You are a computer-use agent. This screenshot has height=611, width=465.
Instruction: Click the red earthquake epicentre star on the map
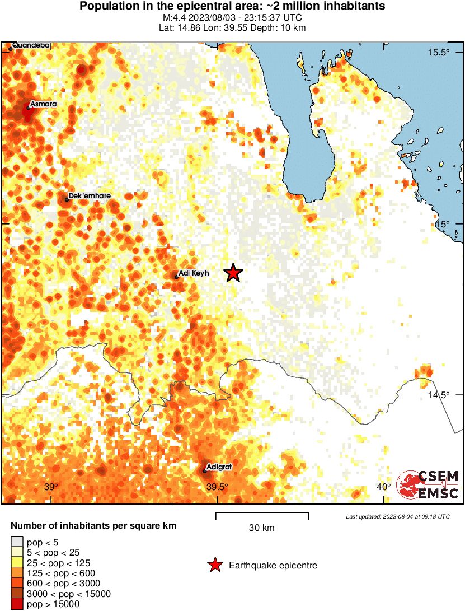pyautogui.click(x=233, y=273)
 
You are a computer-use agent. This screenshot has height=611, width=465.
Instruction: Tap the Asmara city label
pyautogui.click(x=43, y=104)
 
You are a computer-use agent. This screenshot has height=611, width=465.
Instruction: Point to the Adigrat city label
pyautogui.click(x=219, y=466)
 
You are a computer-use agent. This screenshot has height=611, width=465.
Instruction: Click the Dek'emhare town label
pyautogui.click(x=89, y=196)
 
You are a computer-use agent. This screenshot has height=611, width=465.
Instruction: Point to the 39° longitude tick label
pyautogui.click(x=51, y=487)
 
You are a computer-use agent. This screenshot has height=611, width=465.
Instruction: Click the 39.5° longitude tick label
pyautogui.click(x=217, y=487)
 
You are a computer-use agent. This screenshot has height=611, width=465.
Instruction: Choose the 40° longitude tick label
pyautogui.click(x=383, y=487)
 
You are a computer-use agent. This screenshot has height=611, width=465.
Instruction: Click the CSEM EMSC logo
pyautogui.click(x=428, y=484)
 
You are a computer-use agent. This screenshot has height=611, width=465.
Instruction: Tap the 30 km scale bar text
pyautogui.click(x=261, y=528)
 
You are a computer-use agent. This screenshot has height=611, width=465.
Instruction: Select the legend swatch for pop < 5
pyautogui.click(x=17, y=542)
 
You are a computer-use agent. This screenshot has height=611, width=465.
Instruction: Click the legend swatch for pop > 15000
pyautogui.click(x=17, y=604)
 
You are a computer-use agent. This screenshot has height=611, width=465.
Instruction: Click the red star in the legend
pyautogui.click(x=214, y=566)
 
